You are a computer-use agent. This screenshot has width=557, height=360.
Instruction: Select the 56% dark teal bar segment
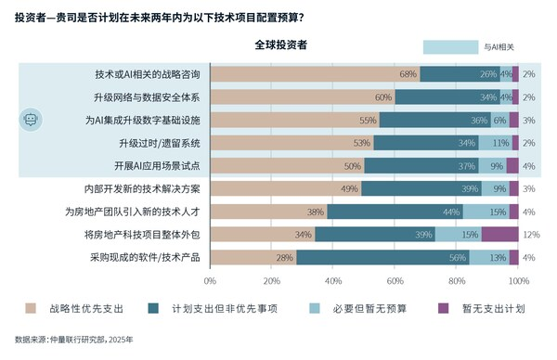click(x=382, y=257)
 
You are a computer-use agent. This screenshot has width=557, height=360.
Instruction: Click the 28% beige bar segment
click(x=253, y=257)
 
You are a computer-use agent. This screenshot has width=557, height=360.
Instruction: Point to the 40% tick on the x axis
click(x=333, y=280)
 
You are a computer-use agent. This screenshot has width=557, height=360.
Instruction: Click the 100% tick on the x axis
click(x=519, y=280)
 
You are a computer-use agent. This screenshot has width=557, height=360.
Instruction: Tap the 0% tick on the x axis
click(x=210, y=280)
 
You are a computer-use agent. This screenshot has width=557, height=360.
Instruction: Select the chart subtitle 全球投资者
click(x=281, y=45)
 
